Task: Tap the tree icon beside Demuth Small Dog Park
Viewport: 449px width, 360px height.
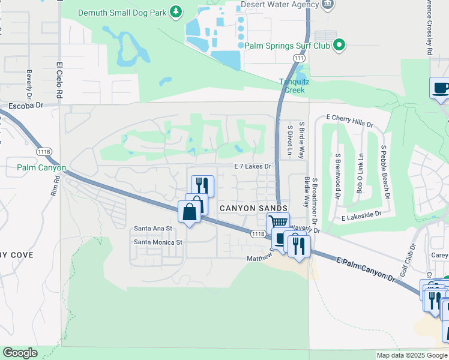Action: point(175,11)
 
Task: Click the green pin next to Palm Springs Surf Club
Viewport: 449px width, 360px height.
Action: point(339,45)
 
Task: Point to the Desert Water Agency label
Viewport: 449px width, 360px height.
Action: point(280,5)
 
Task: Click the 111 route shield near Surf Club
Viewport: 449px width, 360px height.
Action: point(300,58)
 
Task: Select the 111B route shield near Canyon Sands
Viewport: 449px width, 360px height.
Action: point(259,233)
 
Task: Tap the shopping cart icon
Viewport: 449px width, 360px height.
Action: point(279,223)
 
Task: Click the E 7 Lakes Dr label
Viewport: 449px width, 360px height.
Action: point(253,166)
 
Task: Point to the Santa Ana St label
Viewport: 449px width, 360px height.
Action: point(153,229)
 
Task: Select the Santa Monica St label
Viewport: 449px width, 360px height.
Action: point(158,242)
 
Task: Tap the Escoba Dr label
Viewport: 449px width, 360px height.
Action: point(26,105)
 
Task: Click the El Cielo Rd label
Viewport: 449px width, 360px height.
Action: point(59,80)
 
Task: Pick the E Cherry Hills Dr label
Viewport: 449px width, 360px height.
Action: point(349,121)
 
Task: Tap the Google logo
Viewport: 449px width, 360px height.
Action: point(20,353)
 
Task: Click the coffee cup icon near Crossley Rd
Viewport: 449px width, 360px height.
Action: point(441,88)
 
